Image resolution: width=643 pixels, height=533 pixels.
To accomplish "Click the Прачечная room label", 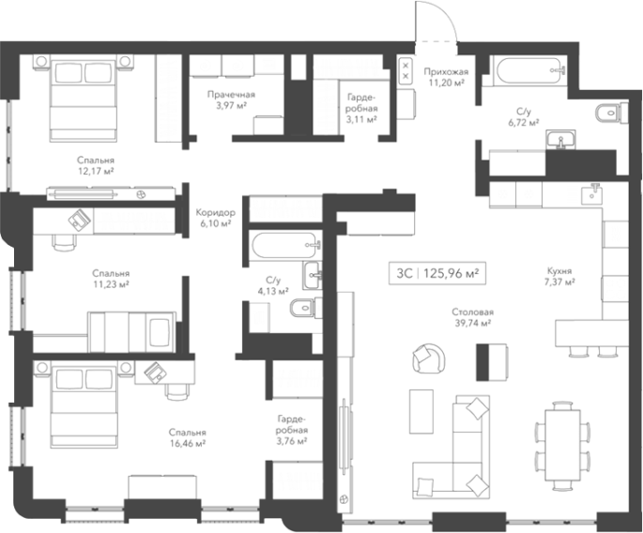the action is [231, 95].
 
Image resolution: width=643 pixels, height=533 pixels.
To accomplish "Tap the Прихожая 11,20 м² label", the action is [446, 77].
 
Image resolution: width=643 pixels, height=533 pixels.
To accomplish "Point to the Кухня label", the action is [559, 271].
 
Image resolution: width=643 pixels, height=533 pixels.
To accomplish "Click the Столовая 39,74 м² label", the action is [473, 318].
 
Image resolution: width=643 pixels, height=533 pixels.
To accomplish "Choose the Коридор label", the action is [215, 213].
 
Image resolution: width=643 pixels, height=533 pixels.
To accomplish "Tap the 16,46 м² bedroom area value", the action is [187, 443].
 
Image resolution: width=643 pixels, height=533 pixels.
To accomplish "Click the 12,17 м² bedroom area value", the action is [96, 171].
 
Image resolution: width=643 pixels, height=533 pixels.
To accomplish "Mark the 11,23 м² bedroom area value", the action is [111, 283].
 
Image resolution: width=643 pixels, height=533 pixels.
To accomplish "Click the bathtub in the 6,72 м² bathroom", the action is [528, 70].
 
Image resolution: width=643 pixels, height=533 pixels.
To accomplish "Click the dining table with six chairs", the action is [562, 446].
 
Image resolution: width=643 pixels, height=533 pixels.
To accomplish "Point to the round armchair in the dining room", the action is [429, 358].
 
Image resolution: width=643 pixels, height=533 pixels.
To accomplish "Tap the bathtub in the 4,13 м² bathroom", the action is [284, 246].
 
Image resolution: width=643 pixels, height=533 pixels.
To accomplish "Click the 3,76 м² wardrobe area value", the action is [292, 442].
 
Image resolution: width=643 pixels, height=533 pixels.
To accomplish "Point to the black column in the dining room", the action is [482, 362].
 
